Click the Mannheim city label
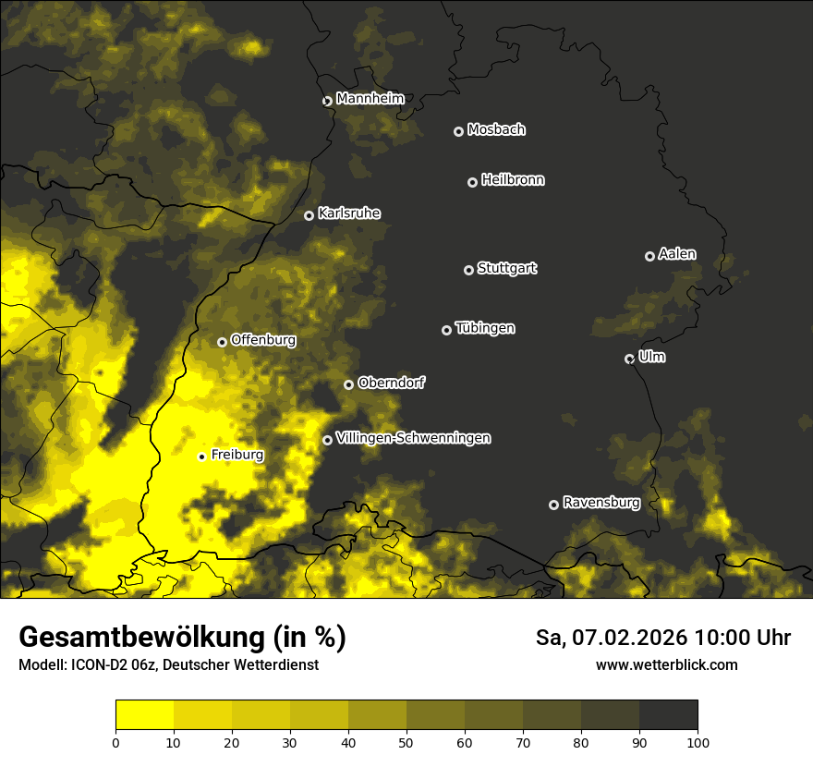tap(370, 99)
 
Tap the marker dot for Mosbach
tap(458, 132)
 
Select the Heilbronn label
tap(513, 180)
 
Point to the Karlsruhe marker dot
tap(309, 216)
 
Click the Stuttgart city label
tap(506, 269)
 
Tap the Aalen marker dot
tap(649, 256)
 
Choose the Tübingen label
tap(485, 328)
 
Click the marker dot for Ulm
tap(630, 359)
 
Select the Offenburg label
tap(263, 340)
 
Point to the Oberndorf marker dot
tap(348, 384)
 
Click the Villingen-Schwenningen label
tap(413, 438)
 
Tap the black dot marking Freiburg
tap(201, 457)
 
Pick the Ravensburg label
tap(601, 503)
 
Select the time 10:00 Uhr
tap(743, 638)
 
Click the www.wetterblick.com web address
tap(667, 664)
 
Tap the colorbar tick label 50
tap(406, 742)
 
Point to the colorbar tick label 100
tap(698, 742)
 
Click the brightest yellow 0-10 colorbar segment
tap(145, 715)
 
